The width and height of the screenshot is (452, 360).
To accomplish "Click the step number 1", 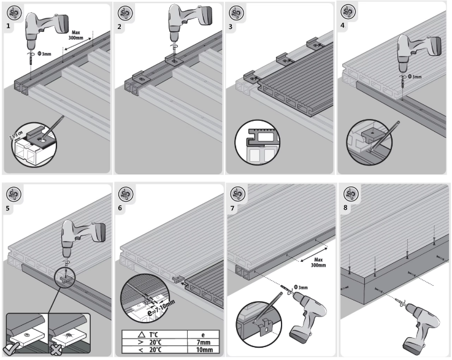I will pyautogui.click(x=8, y=27).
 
